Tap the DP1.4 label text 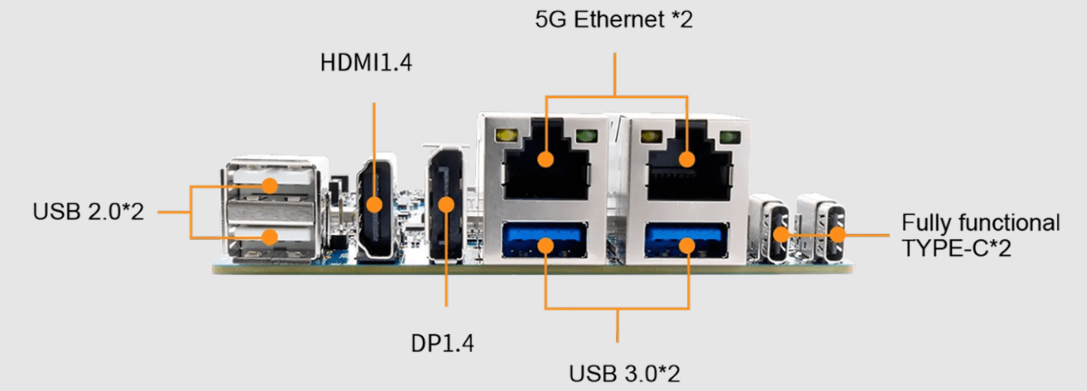442,344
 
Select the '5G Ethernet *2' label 614,19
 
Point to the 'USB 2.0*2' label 89,211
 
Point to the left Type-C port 779,232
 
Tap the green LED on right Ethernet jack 729,137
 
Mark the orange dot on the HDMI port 374,204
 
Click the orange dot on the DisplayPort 446,204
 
